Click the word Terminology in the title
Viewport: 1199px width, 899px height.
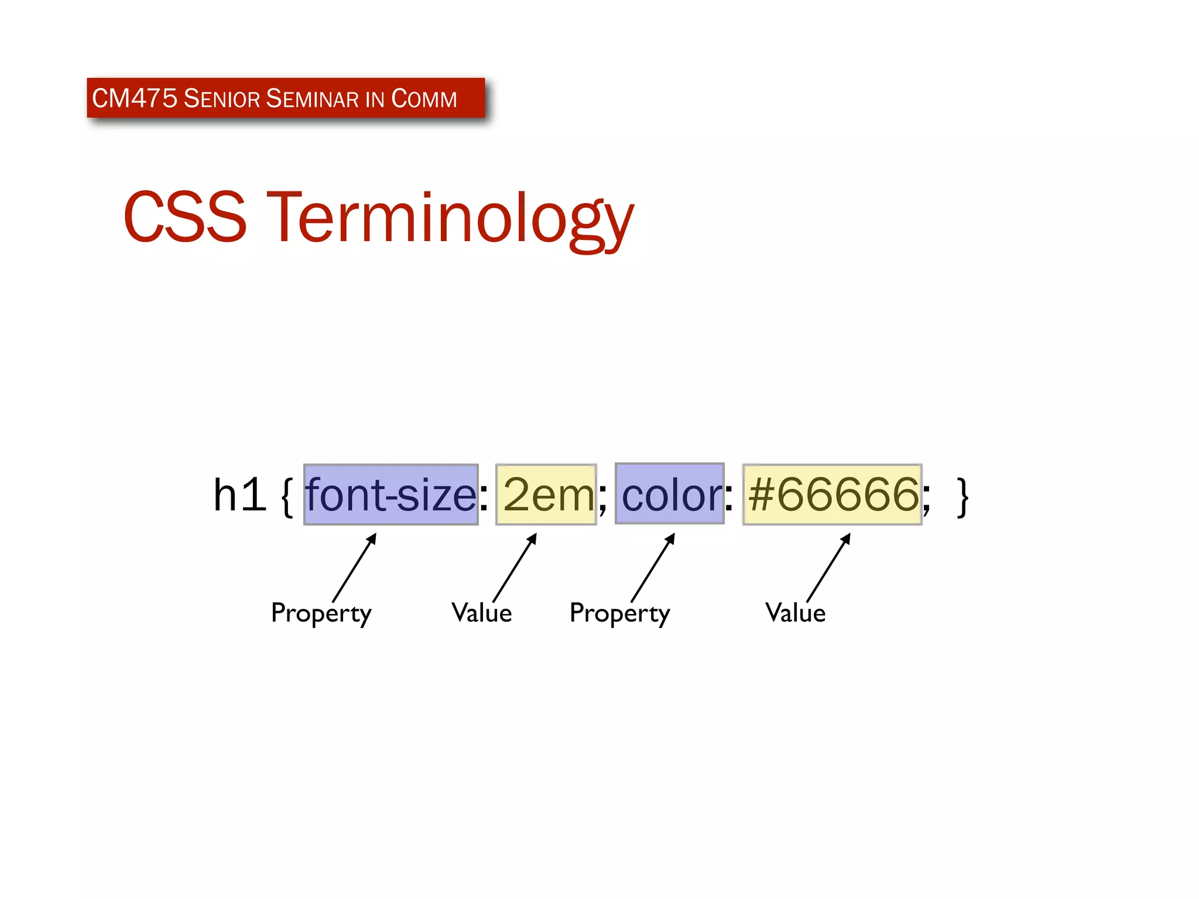(x=451, y=218)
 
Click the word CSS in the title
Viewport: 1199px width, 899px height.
(x=185, y=218)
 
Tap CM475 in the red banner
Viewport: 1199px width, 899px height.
(x=135, y=98)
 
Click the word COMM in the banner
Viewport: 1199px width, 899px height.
(x=424, y=98)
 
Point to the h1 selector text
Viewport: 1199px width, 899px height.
(x=239, y=495)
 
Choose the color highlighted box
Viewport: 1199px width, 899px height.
(x=670, y=494)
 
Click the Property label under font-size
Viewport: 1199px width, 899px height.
(x=321, y=613)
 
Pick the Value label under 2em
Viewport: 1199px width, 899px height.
(x=481, y=613)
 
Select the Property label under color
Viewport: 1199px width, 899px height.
(x=619, y=613)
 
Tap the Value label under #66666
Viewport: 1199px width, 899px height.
(x=795, y=613)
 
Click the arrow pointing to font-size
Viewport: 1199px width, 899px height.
(x=354, y=568)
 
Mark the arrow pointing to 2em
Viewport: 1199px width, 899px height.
(x=515, y=568)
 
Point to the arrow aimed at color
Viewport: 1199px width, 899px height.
(x=653, y=568)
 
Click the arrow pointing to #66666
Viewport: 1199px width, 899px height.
(x=828, y=568)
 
